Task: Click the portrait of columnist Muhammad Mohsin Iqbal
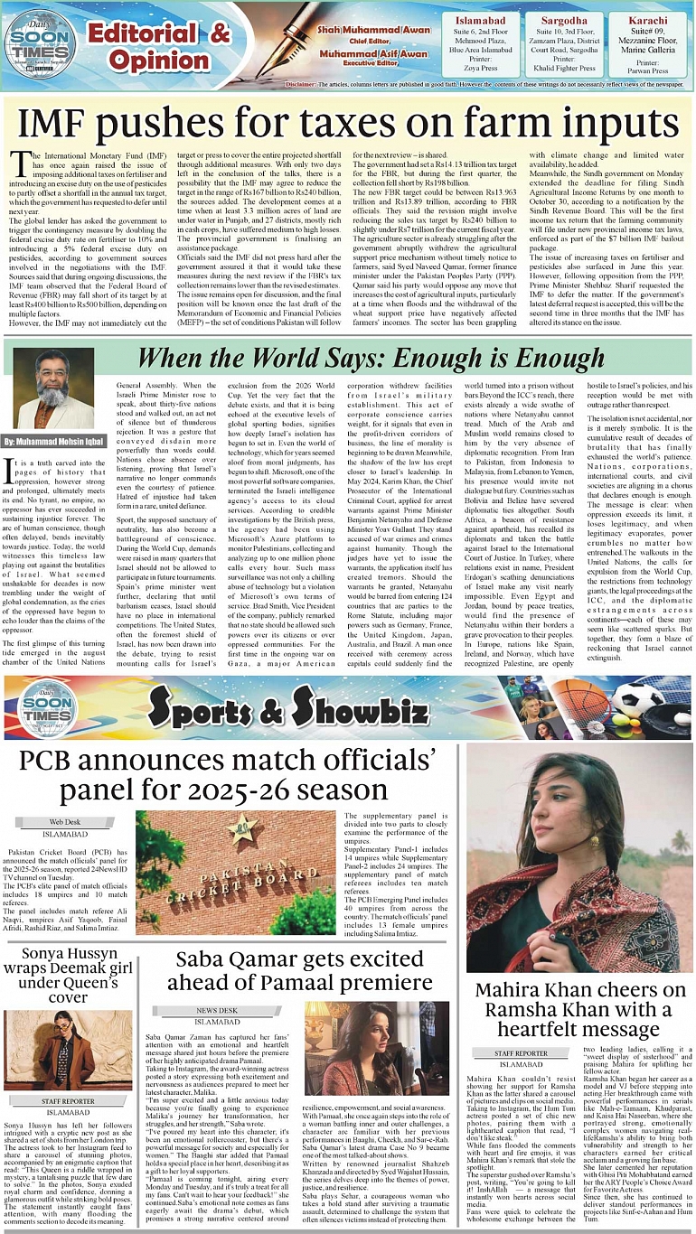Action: [x=54, y=388]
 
